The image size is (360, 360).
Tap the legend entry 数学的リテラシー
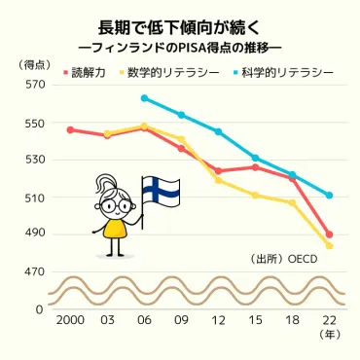[168, 72]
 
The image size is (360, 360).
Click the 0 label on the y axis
[40, 308]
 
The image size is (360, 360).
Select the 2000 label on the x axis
[70, 320]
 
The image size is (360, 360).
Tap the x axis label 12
[218, 320]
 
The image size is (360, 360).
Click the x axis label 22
[329, 320]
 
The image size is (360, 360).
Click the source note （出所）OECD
[284, 260]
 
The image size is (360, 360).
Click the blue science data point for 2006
[144, 98]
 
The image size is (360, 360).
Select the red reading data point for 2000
[70, 129]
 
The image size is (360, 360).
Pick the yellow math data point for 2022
[329, 246]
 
